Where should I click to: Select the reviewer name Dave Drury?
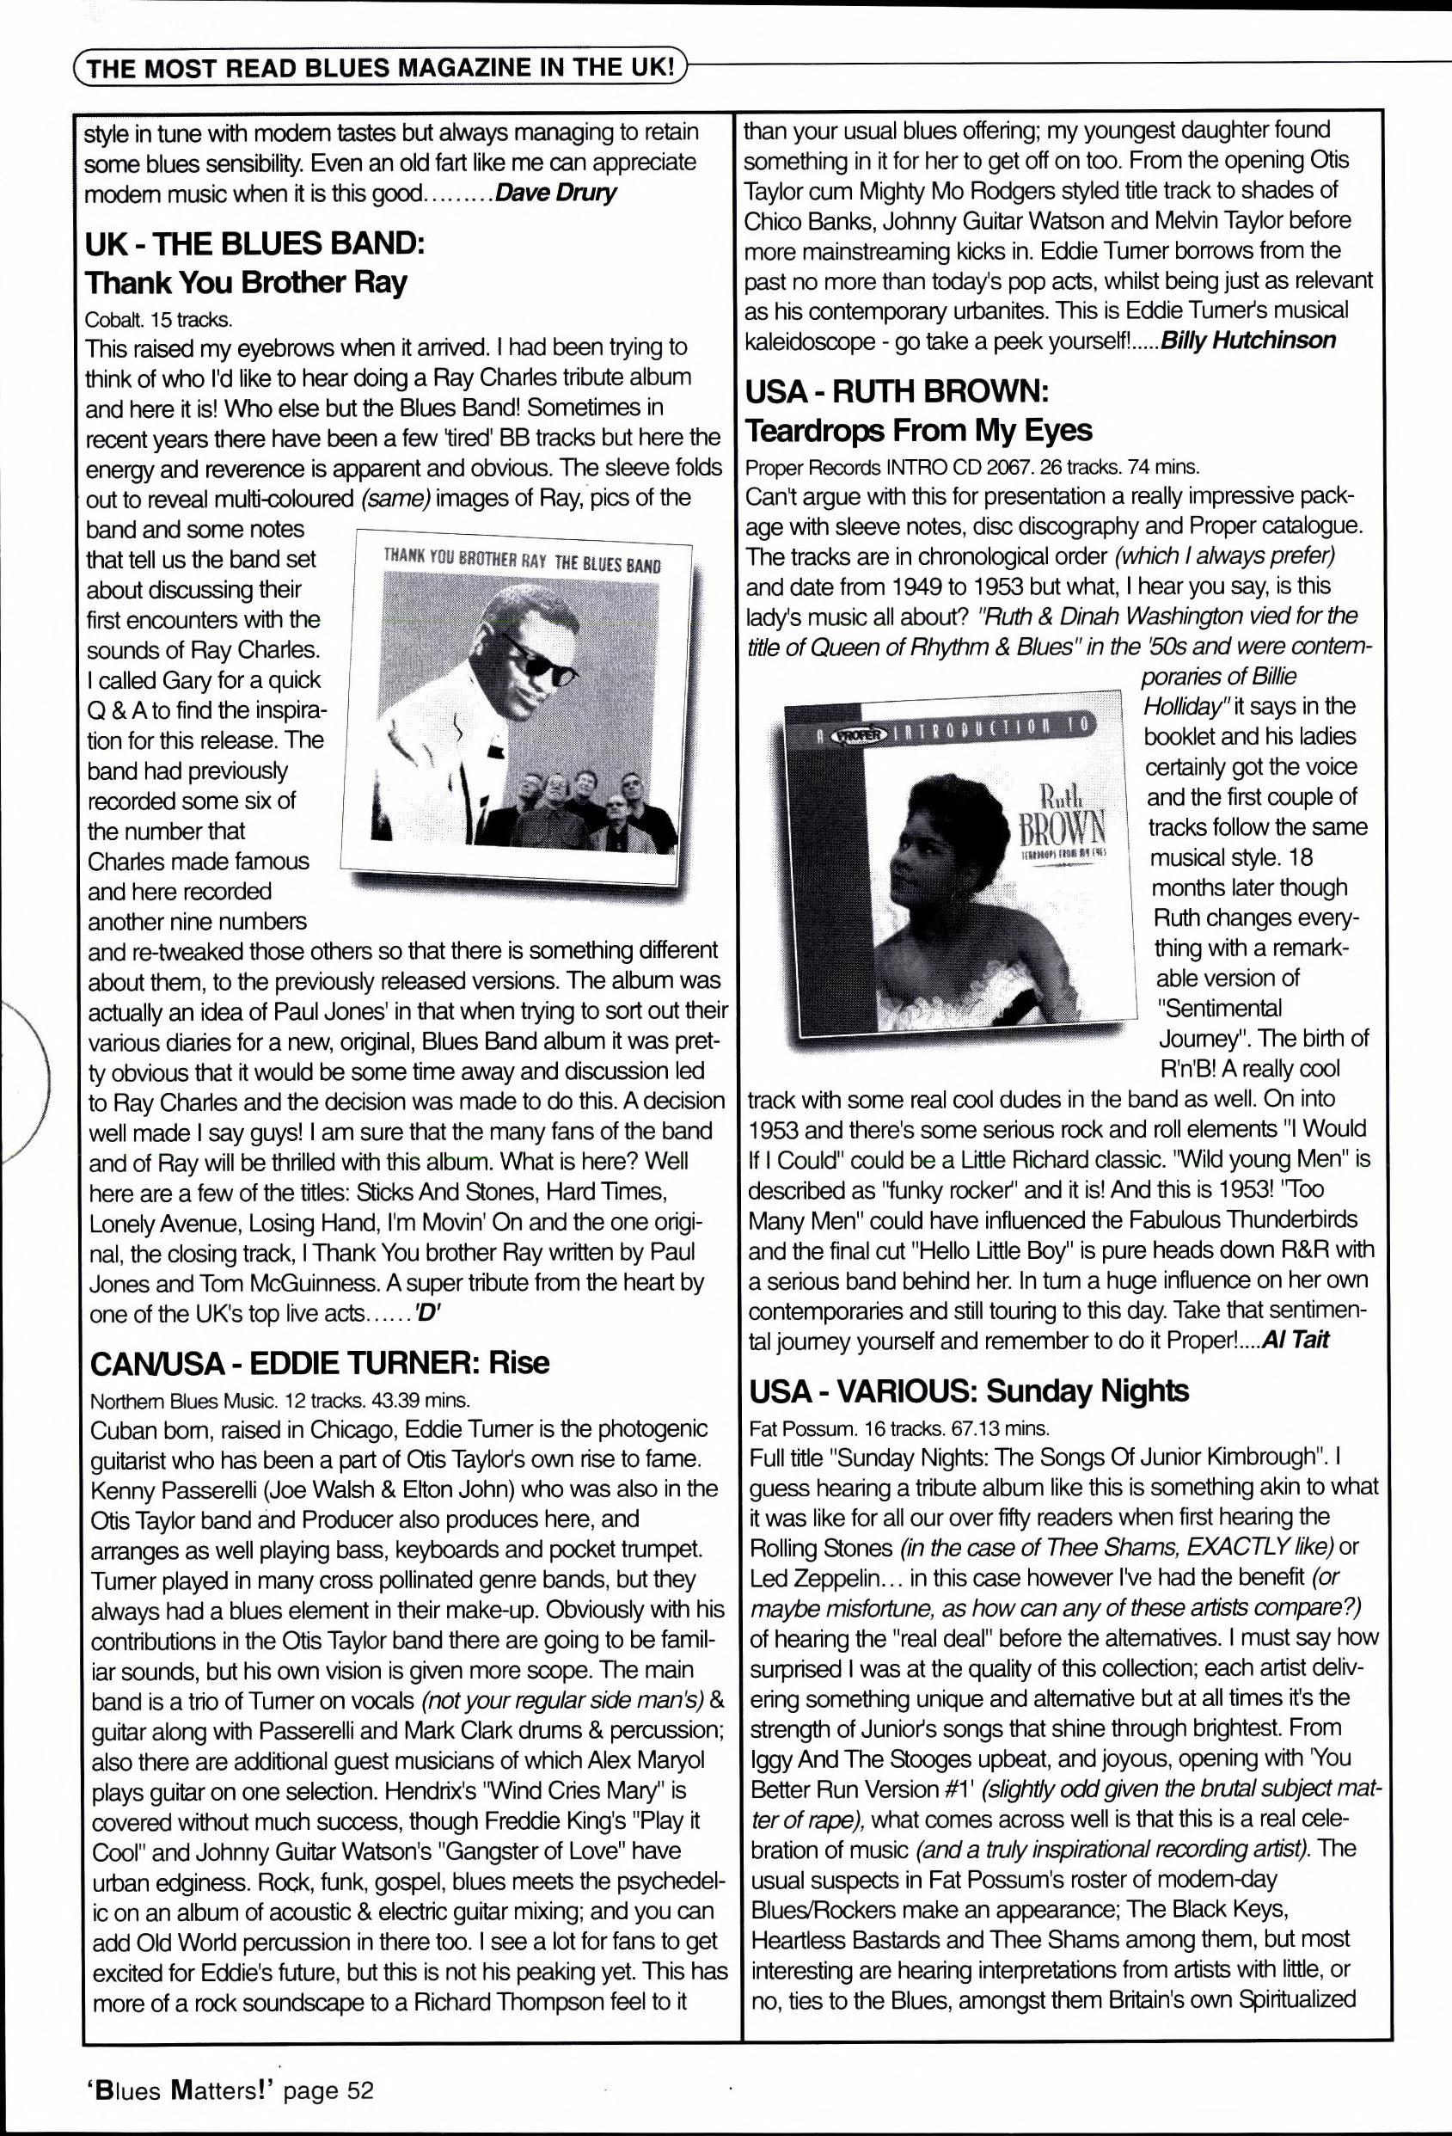(x=555, y=194)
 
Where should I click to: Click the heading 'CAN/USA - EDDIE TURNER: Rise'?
(x=319, y=1362)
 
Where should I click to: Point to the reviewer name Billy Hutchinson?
(x=1248, y=340)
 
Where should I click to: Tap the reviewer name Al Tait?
(x=1296, y=1339)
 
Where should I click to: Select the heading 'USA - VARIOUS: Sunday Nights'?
(x=969, y=1391)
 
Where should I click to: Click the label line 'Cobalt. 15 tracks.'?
(x=158, y=320)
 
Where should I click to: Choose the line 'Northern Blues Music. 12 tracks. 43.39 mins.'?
(x=280, y=1401)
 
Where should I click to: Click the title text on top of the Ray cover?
(x=521, y=560)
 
